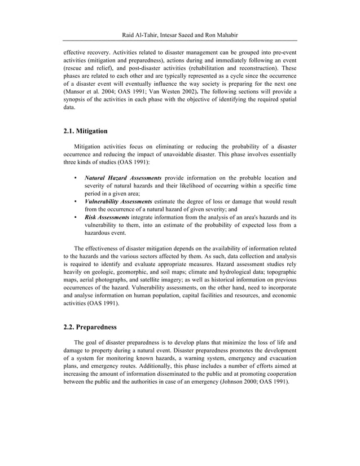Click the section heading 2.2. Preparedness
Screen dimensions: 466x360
click(x=90, y=326)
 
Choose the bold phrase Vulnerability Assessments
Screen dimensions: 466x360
click(x=118, y=201)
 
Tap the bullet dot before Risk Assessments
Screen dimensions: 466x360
click(x=76, y=217)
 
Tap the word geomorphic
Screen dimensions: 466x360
click(x=137, y=272)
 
